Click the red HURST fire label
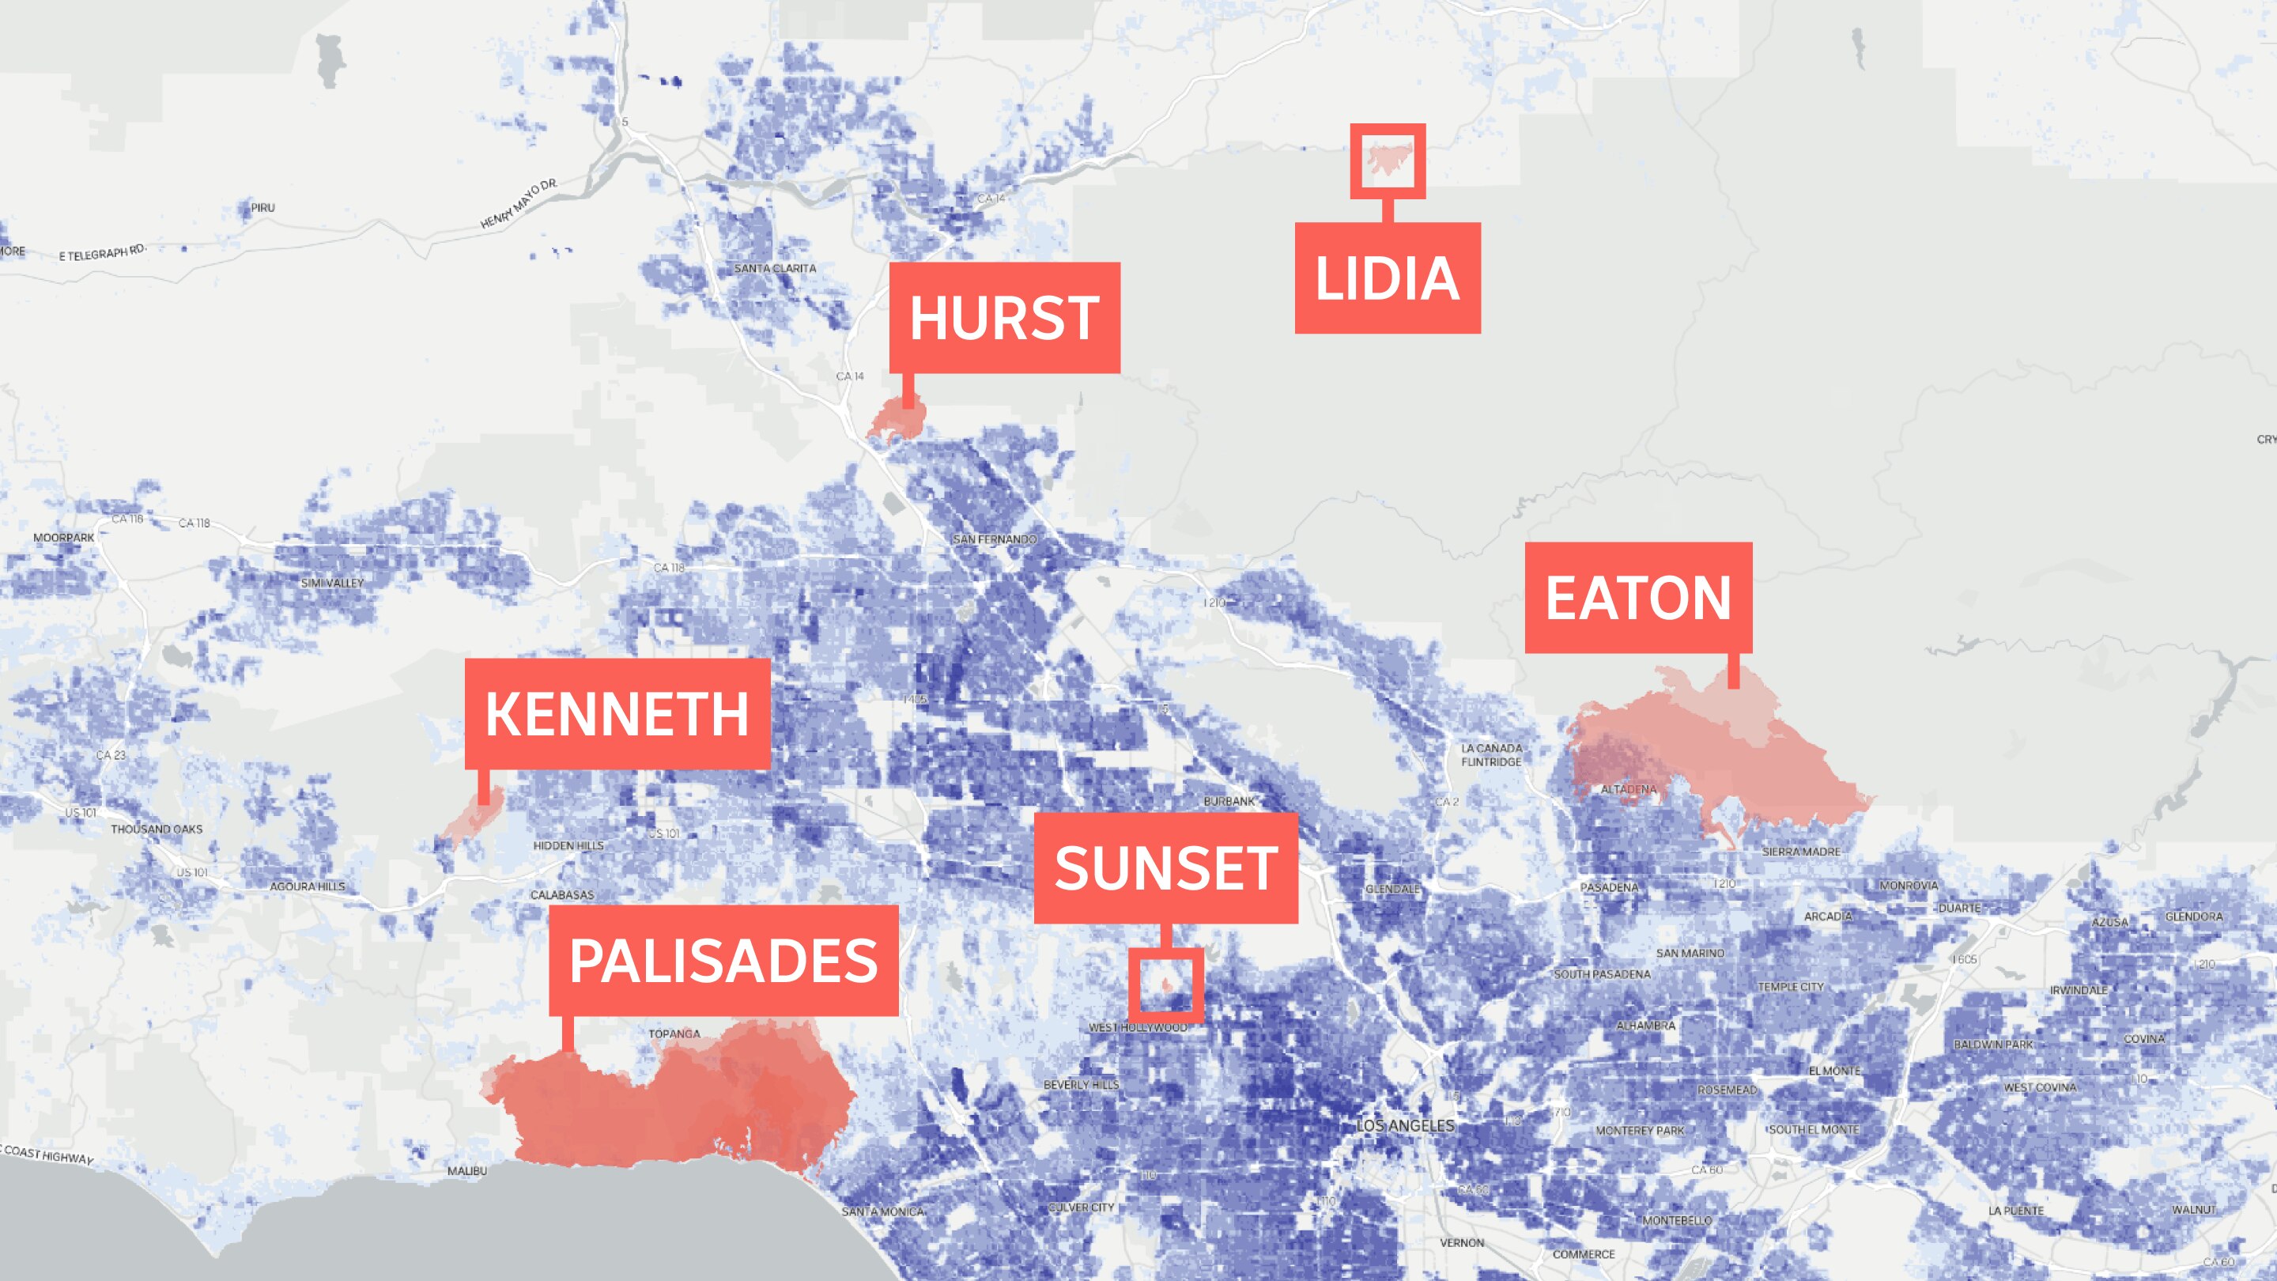(1004, 316)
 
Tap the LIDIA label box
(1387, 278)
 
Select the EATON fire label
(1638, 598)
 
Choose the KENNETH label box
(617, 713)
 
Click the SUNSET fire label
(1165, 868)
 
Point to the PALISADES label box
(723, 960)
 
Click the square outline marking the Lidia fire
(1387, 161)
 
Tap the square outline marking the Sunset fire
(1165, 984)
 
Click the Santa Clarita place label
(775, 268)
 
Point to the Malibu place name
(466, 1170)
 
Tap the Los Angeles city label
(1406, 1125)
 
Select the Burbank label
(1229, 801)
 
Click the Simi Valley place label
(331, 583)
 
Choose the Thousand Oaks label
(157, 829)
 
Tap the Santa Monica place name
(882, 1211)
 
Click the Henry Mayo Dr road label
(519, 204)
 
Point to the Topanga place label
(674, 1033)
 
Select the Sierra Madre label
(1800, 852)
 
